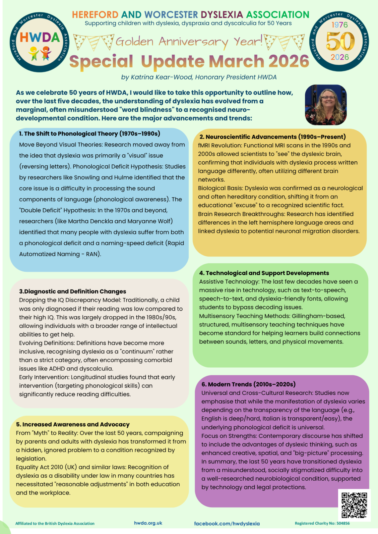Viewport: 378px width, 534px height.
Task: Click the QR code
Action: coord(354,505)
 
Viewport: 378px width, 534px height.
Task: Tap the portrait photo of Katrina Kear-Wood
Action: coord(326,105)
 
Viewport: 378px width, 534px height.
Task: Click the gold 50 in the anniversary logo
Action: coord(340,41)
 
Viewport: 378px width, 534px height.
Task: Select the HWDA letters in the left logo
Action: coord(40,37)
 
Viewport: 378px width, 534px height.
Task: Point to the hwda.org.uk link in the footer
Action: coord(148,523)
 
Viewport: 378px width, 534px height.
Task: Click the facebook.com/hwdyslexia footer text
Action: coord(227,523)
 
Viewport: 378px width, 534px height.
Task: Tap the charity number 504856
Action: coord(343,523)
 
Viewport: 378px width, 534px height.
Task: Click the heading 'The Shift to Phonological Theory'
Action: coord(90,133)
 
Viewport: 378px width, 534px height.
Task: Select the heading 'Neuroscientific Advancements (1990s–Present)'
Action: coord(272,137)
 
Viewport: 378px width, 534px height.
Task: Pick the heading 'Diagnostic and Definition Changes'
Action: coord(73,291)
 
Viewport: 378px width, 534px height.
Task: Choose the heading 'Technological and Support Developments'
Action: coord(264,273)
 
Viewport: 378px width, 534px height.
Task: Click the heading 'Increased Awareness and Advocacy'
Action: coord(73,424)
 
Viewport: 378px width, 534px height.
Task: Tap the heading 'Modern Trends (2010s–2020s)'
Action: coord(248,384)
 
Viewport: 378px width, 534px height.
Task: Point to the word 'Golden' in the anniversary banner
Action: coord(134,42)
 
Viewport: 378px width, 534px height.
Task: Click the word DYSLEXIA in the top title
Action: coord(222,15)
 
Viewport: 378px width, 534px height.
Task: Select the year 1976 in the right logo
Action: coord(340,25)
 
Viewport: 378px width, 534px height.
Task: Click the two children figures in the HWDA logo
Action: coord(40,53)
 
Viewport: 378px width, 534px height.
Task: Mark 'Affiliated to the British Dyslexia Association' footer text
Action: coord(55,523)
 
